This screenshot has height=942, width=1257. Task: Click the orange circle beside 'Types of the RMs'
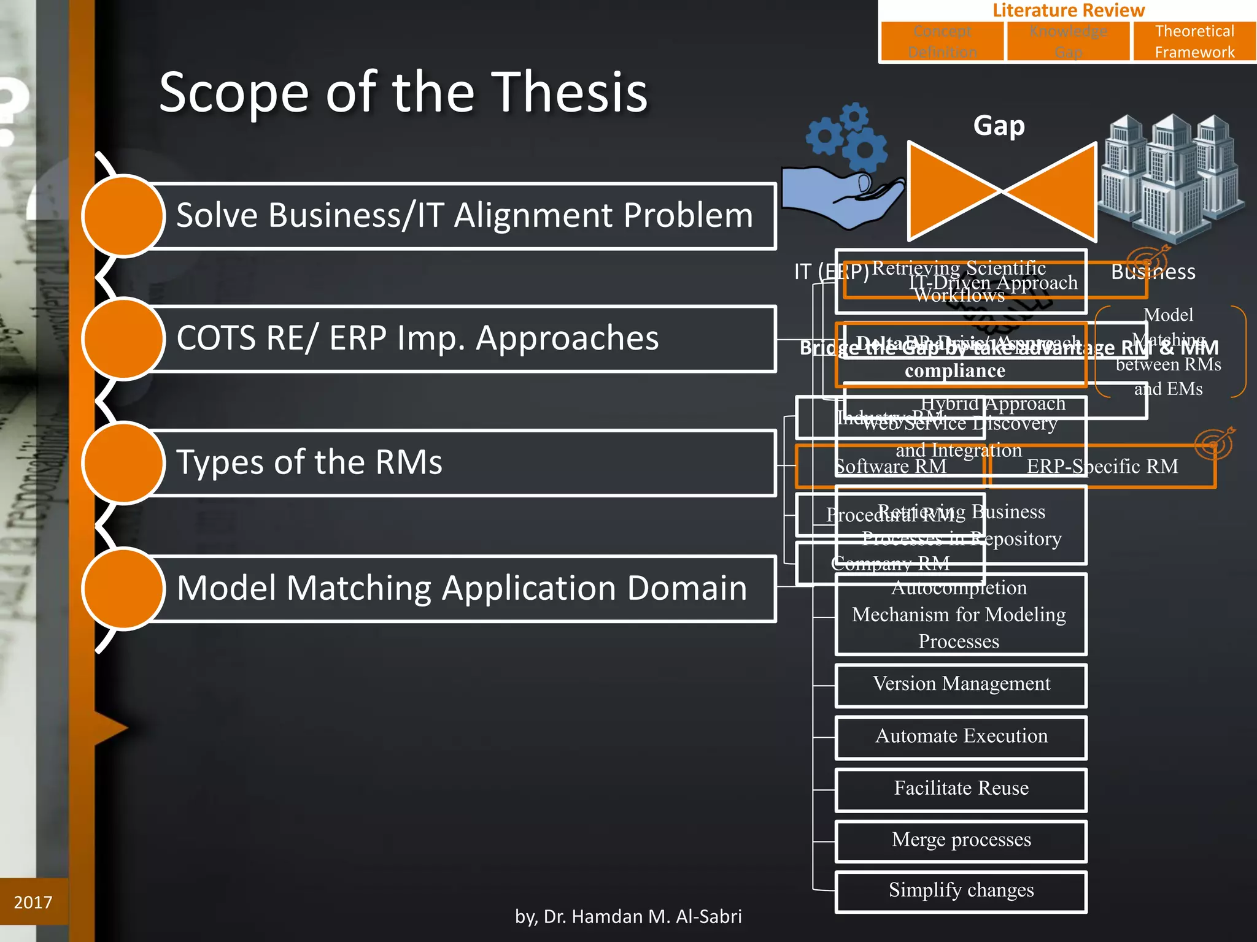point(123,462)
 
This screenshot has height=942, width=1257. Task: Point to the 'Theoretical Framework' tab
point(1194,42)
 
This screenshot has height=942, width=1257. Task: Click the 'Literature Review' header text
point(1068,10)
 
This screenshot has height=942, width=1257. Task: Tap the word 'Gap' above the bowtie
point(999,126)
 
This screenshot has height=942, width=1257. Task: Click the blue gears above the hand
point(847,138)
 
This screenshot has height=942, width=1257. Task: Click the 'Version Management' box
point(961,684)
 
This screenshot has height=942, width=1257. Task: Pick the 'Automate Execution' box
point(961,736)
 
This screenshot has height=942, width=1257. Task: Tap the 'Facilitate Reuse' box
point(961,788)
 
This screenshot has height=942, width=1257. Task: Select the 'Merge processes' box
point(961,840)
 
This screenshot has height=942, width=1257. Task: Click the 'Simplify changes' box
point(961,890)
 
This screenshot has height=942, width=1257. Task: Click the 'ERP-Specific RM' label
point(1102,467)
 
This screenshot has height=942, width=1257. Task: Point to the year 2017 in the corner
point(33,902)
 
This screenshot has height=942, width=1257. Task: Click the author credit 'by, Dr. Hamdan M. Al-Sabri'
point(628,916)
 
